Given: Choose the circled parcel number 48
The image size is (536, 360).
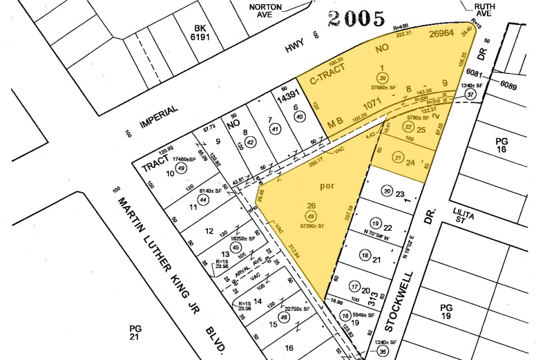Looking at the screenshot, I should (x=311, y=214).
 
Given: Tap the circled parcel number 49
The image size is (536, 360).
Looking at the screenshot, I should (x=181, y=168).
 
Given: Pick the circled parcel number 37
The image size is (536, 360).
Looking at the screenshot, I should (x=471, y=95).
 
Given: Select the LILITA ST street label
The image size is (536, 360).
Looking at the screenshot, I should (x=464, y=216).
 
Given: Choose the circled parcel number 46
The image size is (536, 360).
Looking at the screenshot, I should (x=283, y=318).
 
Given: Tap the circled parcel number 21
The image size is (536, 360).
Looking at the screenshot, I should (x=397, y=158).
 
